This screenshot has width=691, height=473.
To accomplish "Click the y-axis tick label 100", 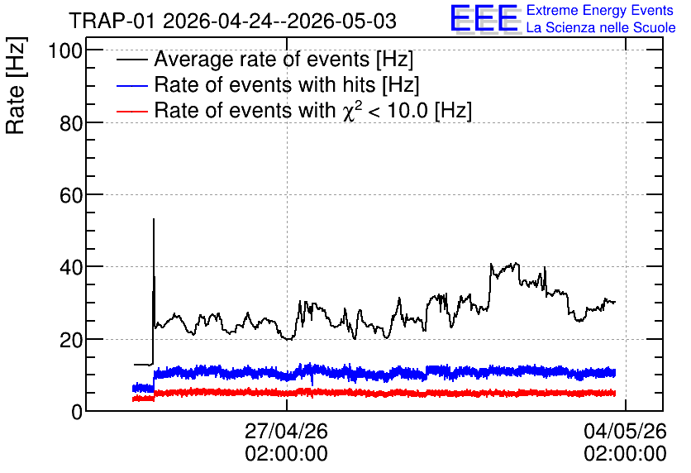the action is point(65,50).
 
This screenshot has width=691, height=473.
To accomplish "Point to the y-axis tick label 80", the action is point(71,123).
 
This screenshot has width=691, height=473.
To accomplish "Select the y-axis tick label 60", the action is point(71,195).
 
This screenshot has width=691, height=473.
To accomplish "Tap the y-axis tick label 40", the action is point(71,268).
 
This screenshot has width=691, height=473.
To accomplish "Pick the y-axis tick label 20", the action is point(71,340).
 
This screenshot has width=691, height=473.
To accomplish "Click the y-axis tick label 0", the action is point(77,413).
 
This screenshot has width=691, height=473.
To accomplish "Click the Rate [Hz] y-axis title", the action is point(16,86).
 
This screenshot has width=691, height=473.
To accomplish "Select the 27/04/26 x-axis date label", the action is point(287,431).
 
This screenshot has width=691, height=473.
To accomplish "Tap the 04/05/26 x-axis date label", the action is point(626,431).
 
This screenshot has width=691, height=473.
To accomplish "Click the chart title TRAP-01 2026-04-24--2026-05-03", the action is point(233,21).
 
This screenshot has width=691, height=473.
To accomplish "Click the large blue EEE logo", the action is point(484,18).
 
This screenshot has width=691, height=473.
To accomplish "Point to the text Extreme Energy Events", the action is point(600,10).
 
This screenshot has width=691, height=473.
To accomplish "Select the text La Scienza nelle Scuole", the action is point(601,27).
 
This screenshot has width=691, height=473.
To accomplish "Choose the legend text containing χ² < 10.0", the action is point(313,110).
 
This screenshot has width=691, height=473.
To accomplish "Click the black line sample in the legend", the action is point(131,60).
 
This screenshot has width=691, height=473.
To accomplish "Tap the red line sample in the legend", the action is point(131,111).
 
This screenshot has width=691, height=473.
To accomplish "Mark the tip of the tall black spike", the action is point(154,218).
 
